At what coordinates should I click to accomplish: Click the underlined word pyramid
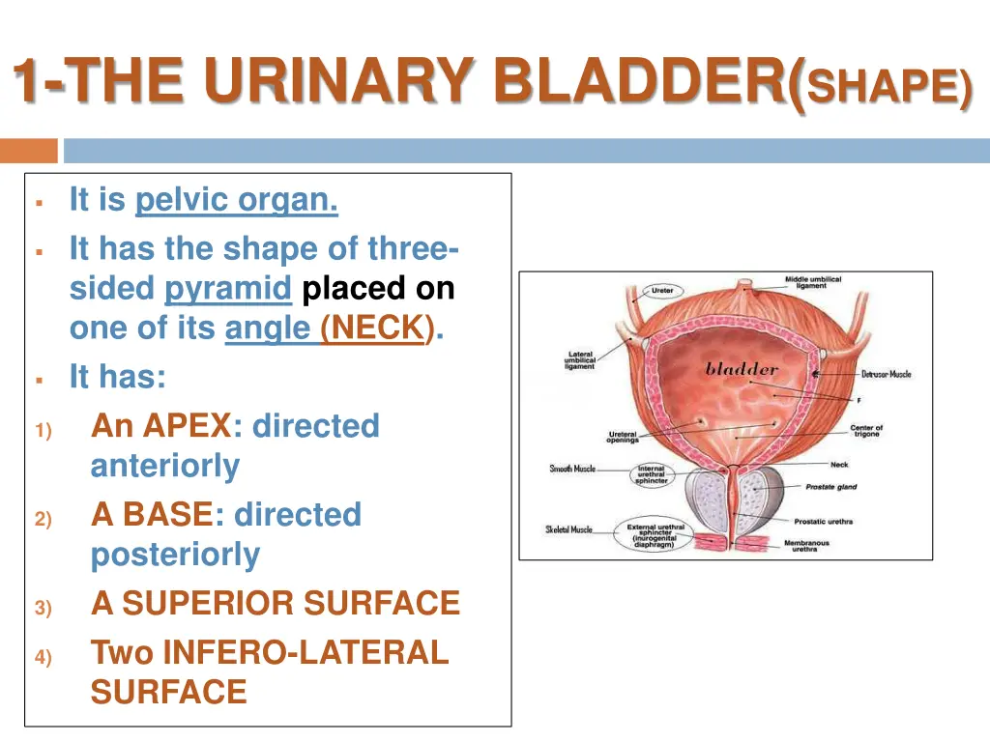(228, 289)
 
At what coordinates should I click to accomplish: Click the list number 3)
(43, 608)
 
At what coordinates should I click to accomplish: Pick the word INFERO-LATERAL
(306, 652)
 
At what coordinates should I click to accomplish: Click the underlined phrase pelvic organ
(237, 200)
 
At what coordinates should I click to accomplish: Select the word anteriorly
(164, 467)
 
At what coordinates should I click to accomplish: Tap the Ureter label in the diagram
(662, 291)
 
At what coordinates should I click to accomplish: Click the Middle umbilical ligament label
(812, 282)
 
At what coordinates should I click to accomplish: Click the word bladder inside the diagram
(742, 369)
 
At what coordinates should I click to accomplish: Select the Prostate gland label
(831, 487)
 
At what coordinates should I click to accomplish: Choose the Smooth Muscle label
(572, 469)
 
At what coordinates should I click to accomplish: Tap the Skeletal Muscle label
(568, 529)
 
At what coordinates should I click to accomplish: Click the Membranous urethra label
(805, 546)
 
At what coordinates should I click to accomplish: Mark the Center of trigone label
(866, 431)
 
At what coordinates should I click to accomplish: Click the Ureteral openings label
(623, 438)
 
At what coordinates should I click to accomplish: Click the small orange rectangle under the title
(29, 151)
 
